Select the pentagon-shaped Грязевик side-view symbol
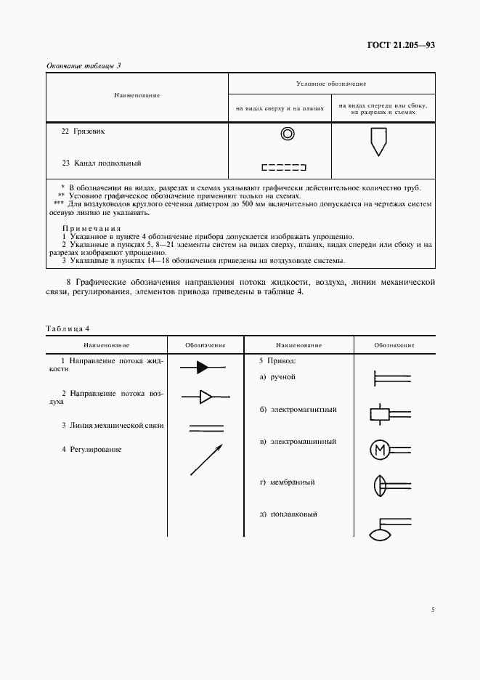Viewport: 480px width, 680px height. (x=378, y=140)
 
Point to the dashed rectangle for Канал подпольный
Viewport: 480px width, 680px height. (x=283, y=167)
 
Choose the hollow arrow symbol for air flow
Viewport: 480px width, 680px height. (x=206, y=397)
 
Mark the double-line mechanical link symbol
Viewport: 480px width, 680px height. (x=206, y=428)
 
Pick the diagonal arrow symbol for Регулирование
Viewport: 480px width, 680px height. (x=206, y=461)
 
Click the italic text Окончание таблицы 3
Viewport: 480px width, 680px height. (x=83, y=65)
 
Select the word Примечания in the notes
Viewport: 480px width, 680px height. (x=91, y=228)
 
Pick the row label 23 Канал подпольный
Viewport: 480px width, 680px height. (x=101, y=163)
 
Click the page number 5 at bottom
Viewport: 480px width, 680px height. (x=432, y=609)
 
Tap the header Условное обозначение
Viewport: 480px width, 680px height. (x=331, y=84)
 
